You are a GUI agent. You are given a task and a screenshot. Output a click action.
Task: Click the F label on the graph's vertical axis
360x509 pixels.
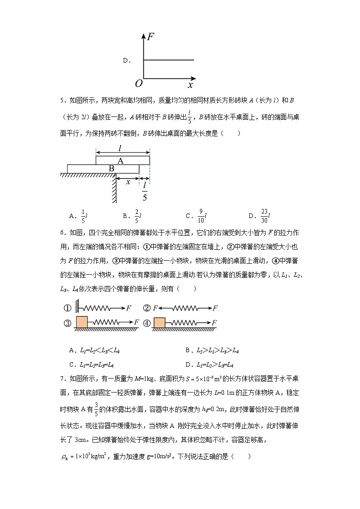tap(151, 37)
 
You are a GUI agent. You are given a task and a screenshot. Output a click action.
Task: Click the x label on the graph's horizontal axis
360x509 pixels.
tap(190, 85)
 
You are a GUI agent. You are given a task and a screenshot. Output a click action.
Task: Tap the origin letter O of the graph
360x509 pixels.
tap(138, 83)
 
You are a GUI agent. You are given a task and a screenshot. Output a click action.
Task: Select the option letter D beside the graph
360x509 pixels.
tap(126, 60)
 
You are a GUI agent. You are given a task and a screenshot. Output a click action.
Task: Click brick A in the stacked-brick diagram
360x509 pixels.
tap(121, 161)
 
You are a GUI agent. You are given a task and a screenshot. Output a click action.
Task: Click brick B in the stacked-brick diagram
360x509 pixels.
tap(111, 169)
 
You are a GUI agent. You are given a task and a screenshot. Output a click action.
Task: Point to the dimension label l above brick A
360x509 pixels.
tap(120, 148)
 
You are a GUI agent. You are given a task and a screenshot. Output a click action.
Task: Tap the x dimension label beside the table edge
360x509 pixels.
tap(128, 182)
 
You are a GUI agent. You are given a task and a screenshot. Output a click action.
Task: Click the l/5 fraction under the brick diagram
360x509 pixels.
tap(145, 191)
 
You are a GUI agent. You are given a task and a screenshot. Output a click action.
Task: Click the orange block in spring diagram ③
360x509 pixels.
tap(81, 322)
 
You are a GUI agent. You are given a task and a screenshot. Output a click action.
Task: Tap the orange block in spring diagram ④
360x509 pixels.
tap(160, 322)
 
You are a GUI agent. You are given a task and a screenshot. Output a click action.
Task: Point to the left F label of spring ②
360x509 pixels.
tap(155, 308)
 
